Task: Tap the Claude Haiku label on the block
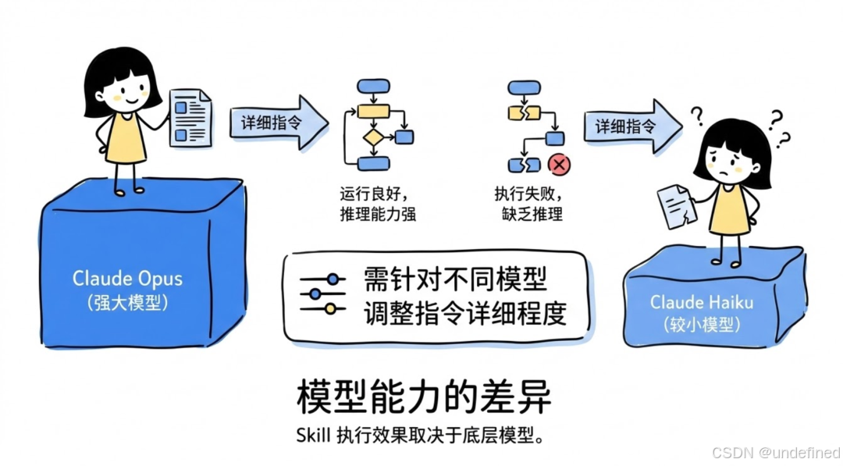pyautogui.click(x=692, y=301)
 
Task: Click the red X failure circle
pyautogui.click(x=558, y=165)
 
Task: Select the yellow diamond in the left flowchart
pyautogui.click(x=373, y=137)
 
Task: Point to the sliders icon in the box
pyautogui.click(x=322, y=293)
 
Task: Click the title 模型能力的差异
pyautogui.click(x=424, y=397)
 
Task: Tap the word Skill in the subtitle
pyautogui.click(x=313, y=435)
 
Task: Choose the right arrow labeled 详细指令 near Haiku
pyautogui.click(x=631, y=126)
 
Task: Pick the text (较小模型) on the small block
pyautogui.click(x=692, y=324)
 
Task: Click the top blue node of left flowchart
pyautogui.click(x=372, y=87)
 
